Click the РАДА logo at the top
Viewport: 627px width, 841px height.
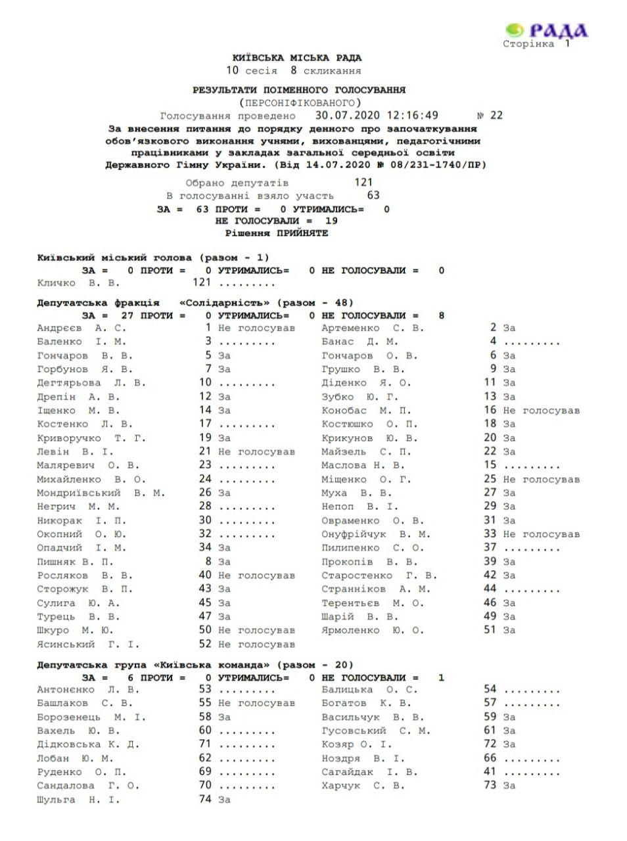(547, 30)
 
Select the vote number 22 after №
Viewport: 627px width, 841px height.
(496, 115)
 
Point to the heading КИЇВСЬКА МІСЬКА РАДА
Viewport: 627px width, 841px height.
(297, 58)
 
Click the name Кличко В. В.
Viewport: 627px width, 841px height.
(79, 283)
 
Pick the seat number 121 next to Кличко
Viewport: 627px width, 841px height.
(201, 283)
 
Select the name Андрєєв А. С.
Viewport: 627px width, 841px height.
(81, 328)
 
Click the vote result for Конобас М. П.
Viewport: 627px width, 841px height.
(541, 411)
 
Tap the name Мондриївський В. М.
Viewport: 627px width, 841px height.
(101, 493)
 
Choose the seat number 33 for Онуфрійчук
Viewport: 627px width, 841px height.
(490, 534)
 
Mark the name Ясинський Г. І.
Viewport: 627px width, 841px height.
(88, 645)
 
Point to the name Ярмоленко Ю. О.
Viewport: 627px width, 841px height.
(373, 631)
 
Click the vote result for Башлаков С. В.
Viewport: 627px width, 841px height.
(256, 703)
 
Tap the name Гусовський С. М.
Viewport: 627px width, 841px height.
(376, 731)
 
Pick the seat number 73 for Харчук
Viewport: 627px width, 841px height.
(490, 786)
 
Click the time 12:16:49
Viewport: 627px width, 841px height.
(413, 115)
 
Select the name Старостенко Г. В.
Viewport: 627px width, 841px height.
(379, 576)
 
